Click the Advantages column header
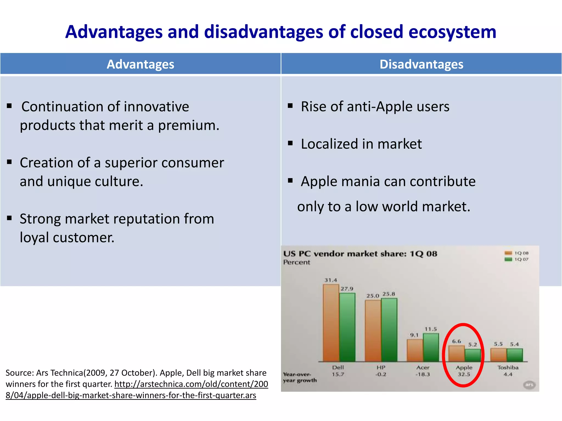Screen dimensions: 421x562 tap(140, 64)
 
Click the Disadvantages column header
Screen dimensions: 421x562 tap(421, 64)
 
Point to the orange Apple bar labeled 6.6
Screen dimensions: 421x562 tap(456, 354)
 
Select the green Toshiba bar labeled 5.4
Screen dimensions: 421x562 tap(515, 355)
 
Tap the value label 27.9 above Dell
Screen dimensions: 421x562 tap(347, 289)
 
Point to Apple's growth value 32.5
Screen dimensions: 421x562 tap(464, 374)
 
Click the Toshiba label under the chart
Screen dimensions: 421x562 tap(508, 368)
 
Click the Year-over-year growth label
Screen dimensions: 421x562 tap(299, 377)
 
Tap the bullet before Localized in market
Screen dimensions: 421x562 tap(290, 143)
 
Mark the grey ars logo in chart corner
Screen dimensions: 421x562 tap(529, 385)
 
